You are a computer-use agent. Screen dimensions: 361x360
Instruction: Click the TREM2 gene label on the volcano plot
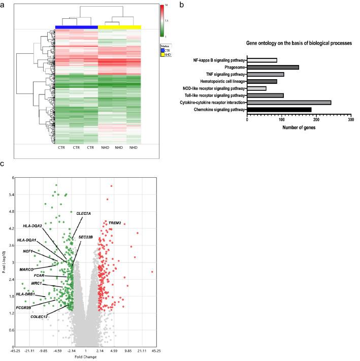(115, 222)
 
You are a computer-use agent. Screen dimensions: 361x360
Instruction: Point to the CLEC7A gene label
(84, 213)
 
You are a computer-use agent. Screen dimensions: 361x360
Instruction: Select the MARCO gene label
(27, 269)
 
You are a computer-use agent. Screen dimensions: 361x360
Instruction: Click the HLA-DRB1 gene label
(25, 293)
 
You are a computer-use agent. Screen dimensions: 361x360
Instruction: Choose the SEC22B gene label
(85, 237)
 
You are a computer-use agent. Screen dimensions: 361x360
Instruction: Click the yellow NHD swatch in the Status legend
(161, 55)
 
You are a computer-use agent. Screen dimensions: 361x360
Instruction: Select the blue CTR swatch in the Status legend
(161, 51)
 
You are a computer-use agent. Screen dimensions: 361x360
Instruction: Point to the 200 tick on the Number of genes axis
(316, 120)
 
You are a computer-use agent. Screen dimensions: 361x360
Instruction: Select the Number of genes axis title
(299, 127)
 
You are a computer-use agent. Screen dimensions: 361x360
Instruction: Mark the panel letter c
(3, 165)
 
